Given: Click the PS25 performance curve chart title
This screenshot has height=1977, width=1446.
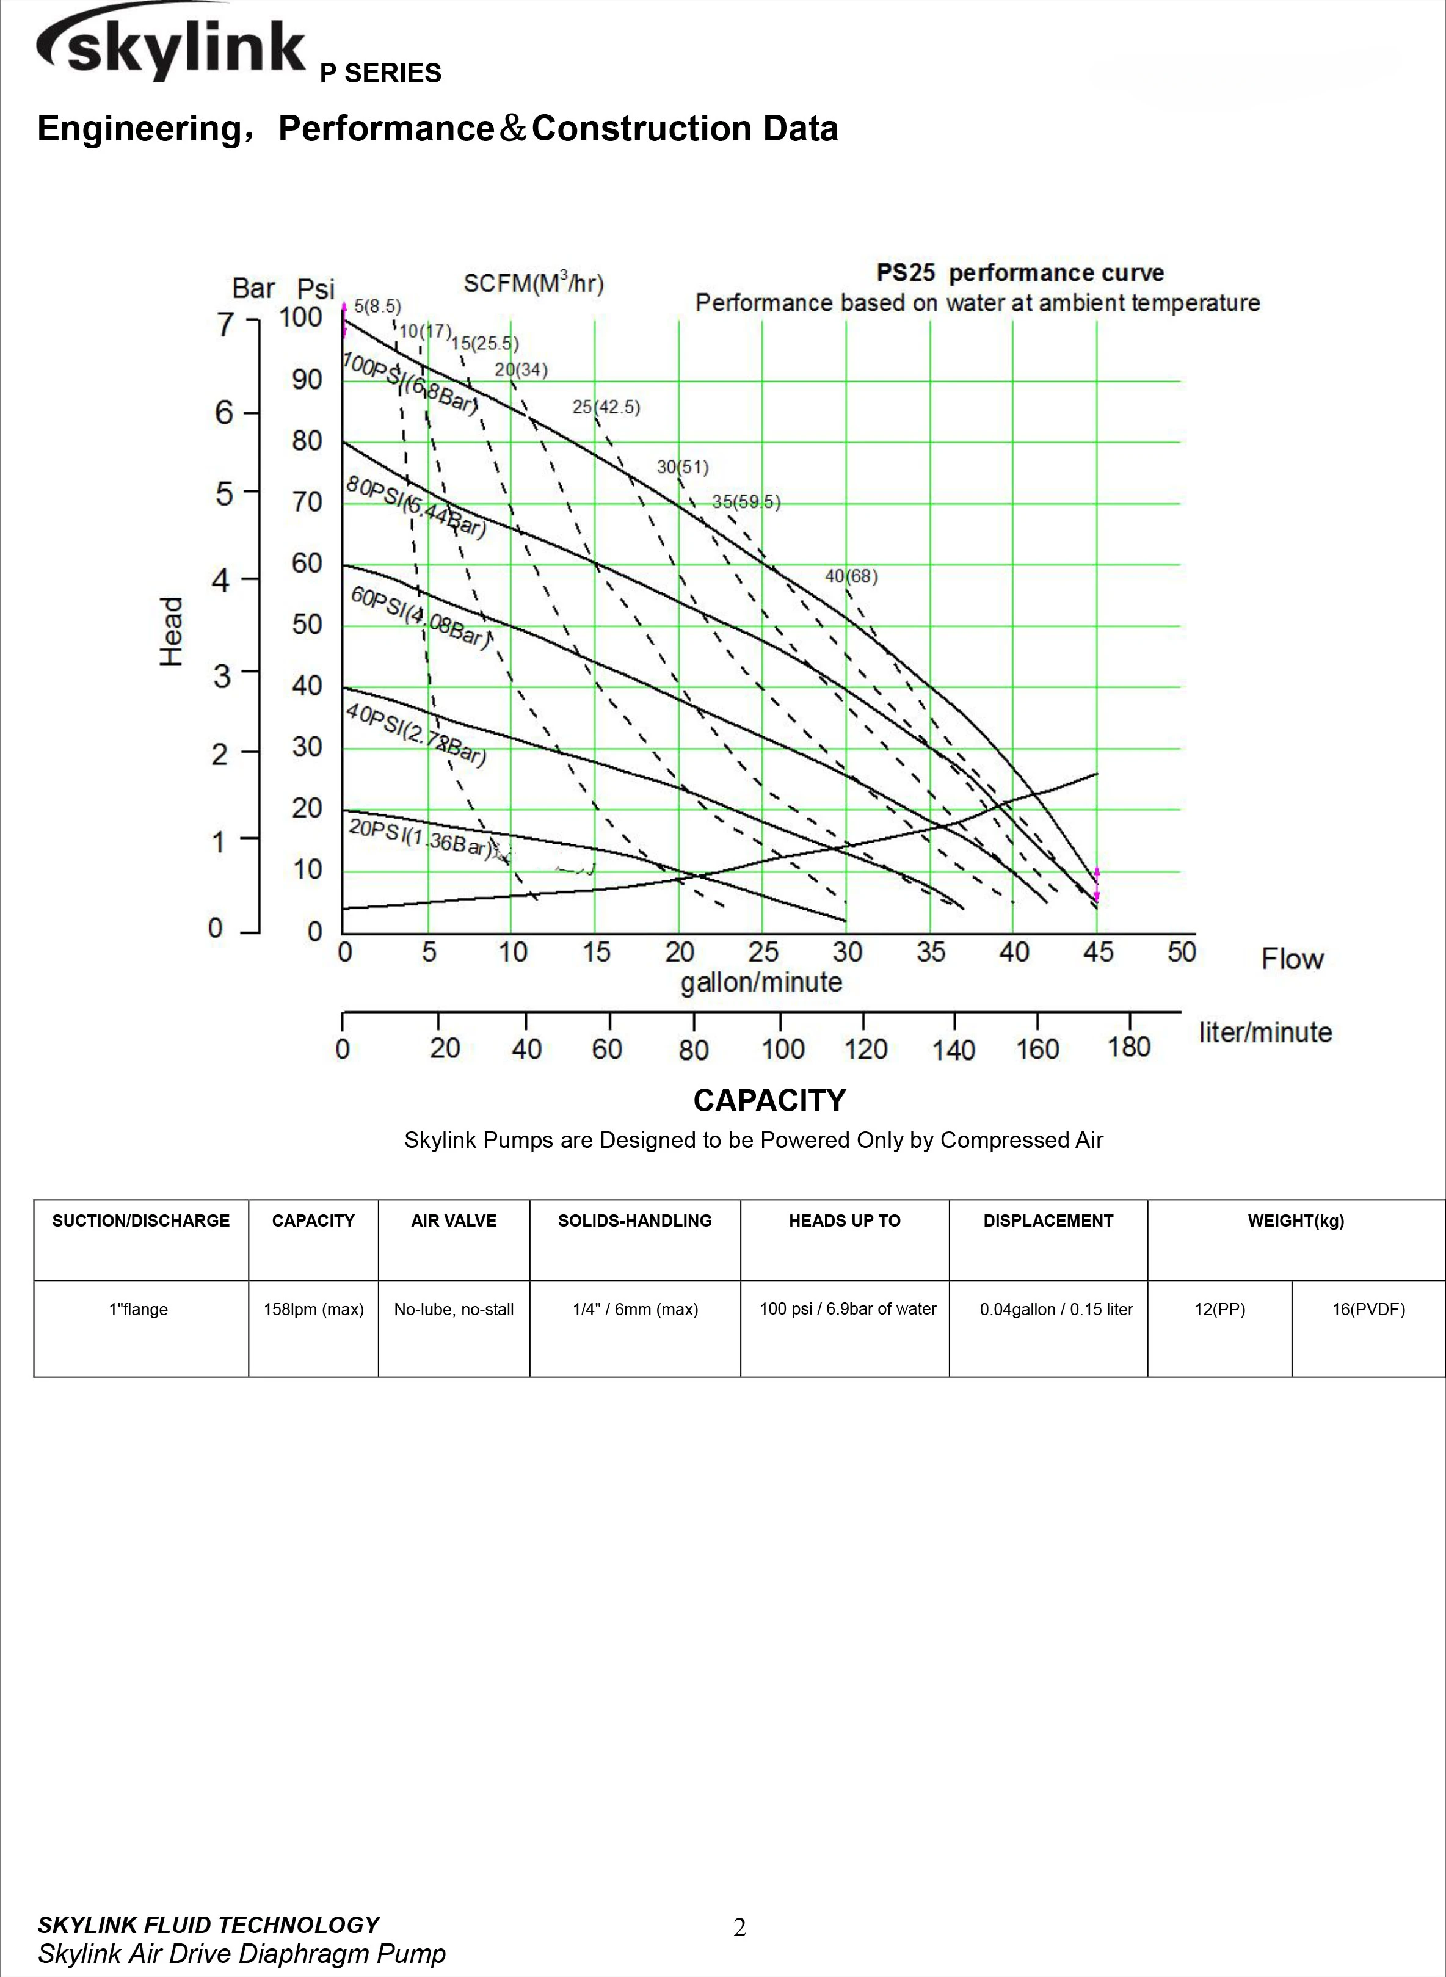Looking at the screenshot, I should click(1020, 273).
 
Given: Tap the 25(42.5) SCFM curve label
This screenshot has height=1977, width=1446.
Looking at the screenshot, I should click(606, 407).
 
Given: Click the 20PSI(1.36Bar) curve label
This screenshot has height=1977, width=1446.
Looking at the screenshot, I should click(420, 836).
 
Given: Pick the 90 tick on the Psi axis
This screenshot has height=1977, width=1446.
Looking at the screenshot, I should click(307, 380).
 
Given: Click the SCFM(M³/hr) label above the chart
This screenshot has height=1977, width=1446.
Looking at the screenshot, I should click(533, 283).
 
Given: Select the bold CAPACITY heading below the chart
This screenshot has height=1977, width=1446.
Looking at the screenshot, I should click(769, 1100).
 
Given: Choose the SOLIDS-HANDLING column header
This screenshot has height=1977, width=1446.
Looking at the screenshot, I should click(634, 1221).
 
